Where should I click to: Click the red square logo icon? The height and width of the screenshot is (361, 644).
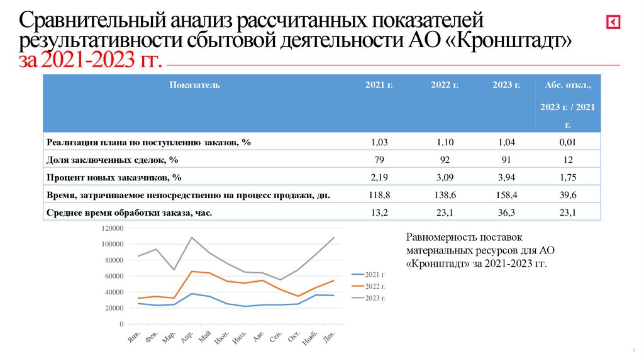(x=613, y=23)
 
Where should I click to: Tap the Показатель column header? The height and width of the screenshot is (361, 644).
(x=194, y=85)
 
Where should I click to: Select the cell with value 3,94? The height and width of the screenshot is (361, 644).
(x=506, y=178)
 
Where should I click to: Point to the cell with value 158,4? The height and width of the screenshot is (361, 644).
(x=506, y=196)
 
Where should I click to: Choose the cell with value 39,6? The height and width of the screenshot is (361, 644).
(x=567, y=196)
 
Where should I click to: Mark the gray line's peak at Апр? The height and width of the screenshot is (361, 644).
(x=192, y=238)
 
